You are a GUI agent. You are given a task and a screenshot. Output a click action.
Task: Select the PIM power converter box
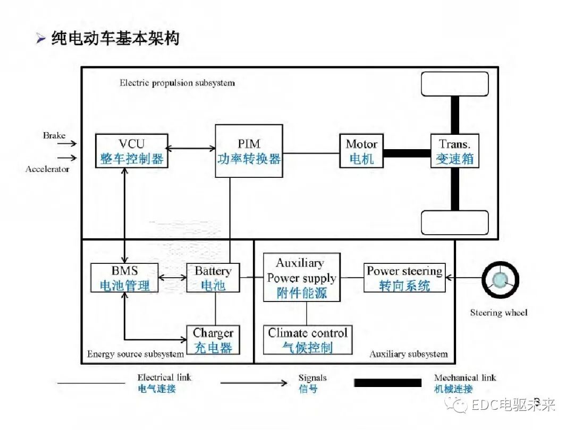(x=249, y=151)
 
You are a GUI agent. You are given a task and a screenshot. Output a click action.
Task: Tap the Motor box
(x=361, y=151)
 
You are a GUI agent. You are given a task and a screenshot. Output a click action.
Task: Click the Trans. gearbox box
(x=454, y=151)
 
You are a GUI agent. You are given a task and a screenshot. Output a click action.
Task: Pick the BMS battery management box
(x=125, y=278)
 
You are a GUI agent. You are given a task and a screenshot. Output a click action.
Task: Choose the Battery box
(x=213, y=278)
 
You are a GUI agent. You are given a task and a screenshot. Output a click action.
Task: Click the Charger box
(x=213, y=340)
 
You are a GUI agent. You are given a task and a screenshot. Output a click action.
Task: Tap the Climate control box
(x=307, y=340)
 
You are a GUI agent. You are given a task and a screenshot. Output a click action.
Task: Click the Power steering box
(x=404, y=278)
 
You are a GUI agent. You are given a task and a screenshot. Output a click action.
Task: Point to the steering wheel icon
(x=500, y=279)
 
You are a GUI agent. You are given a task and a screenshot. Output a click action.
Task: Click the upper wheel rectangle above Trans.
(x=454, y=84)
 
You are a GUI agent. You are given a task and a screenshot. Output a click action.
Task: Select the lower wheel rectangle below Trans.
(x=454, y=222)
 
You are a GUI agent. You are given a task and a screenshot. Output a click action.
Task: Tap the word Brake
(x=54, y=136)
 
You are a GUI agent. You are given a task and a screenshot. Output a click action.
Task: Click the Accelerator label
(x=47, y=169)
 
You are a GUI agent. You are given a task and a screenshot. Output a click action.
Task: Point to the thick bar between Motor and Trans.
(x=407, y=153)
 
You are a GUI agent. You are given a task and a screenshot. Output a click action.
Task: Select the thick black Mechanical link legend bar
(x=387, y=383)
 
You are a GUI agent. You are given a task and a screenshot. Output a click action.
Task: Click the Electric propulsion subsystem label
(x=177, y=83)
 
